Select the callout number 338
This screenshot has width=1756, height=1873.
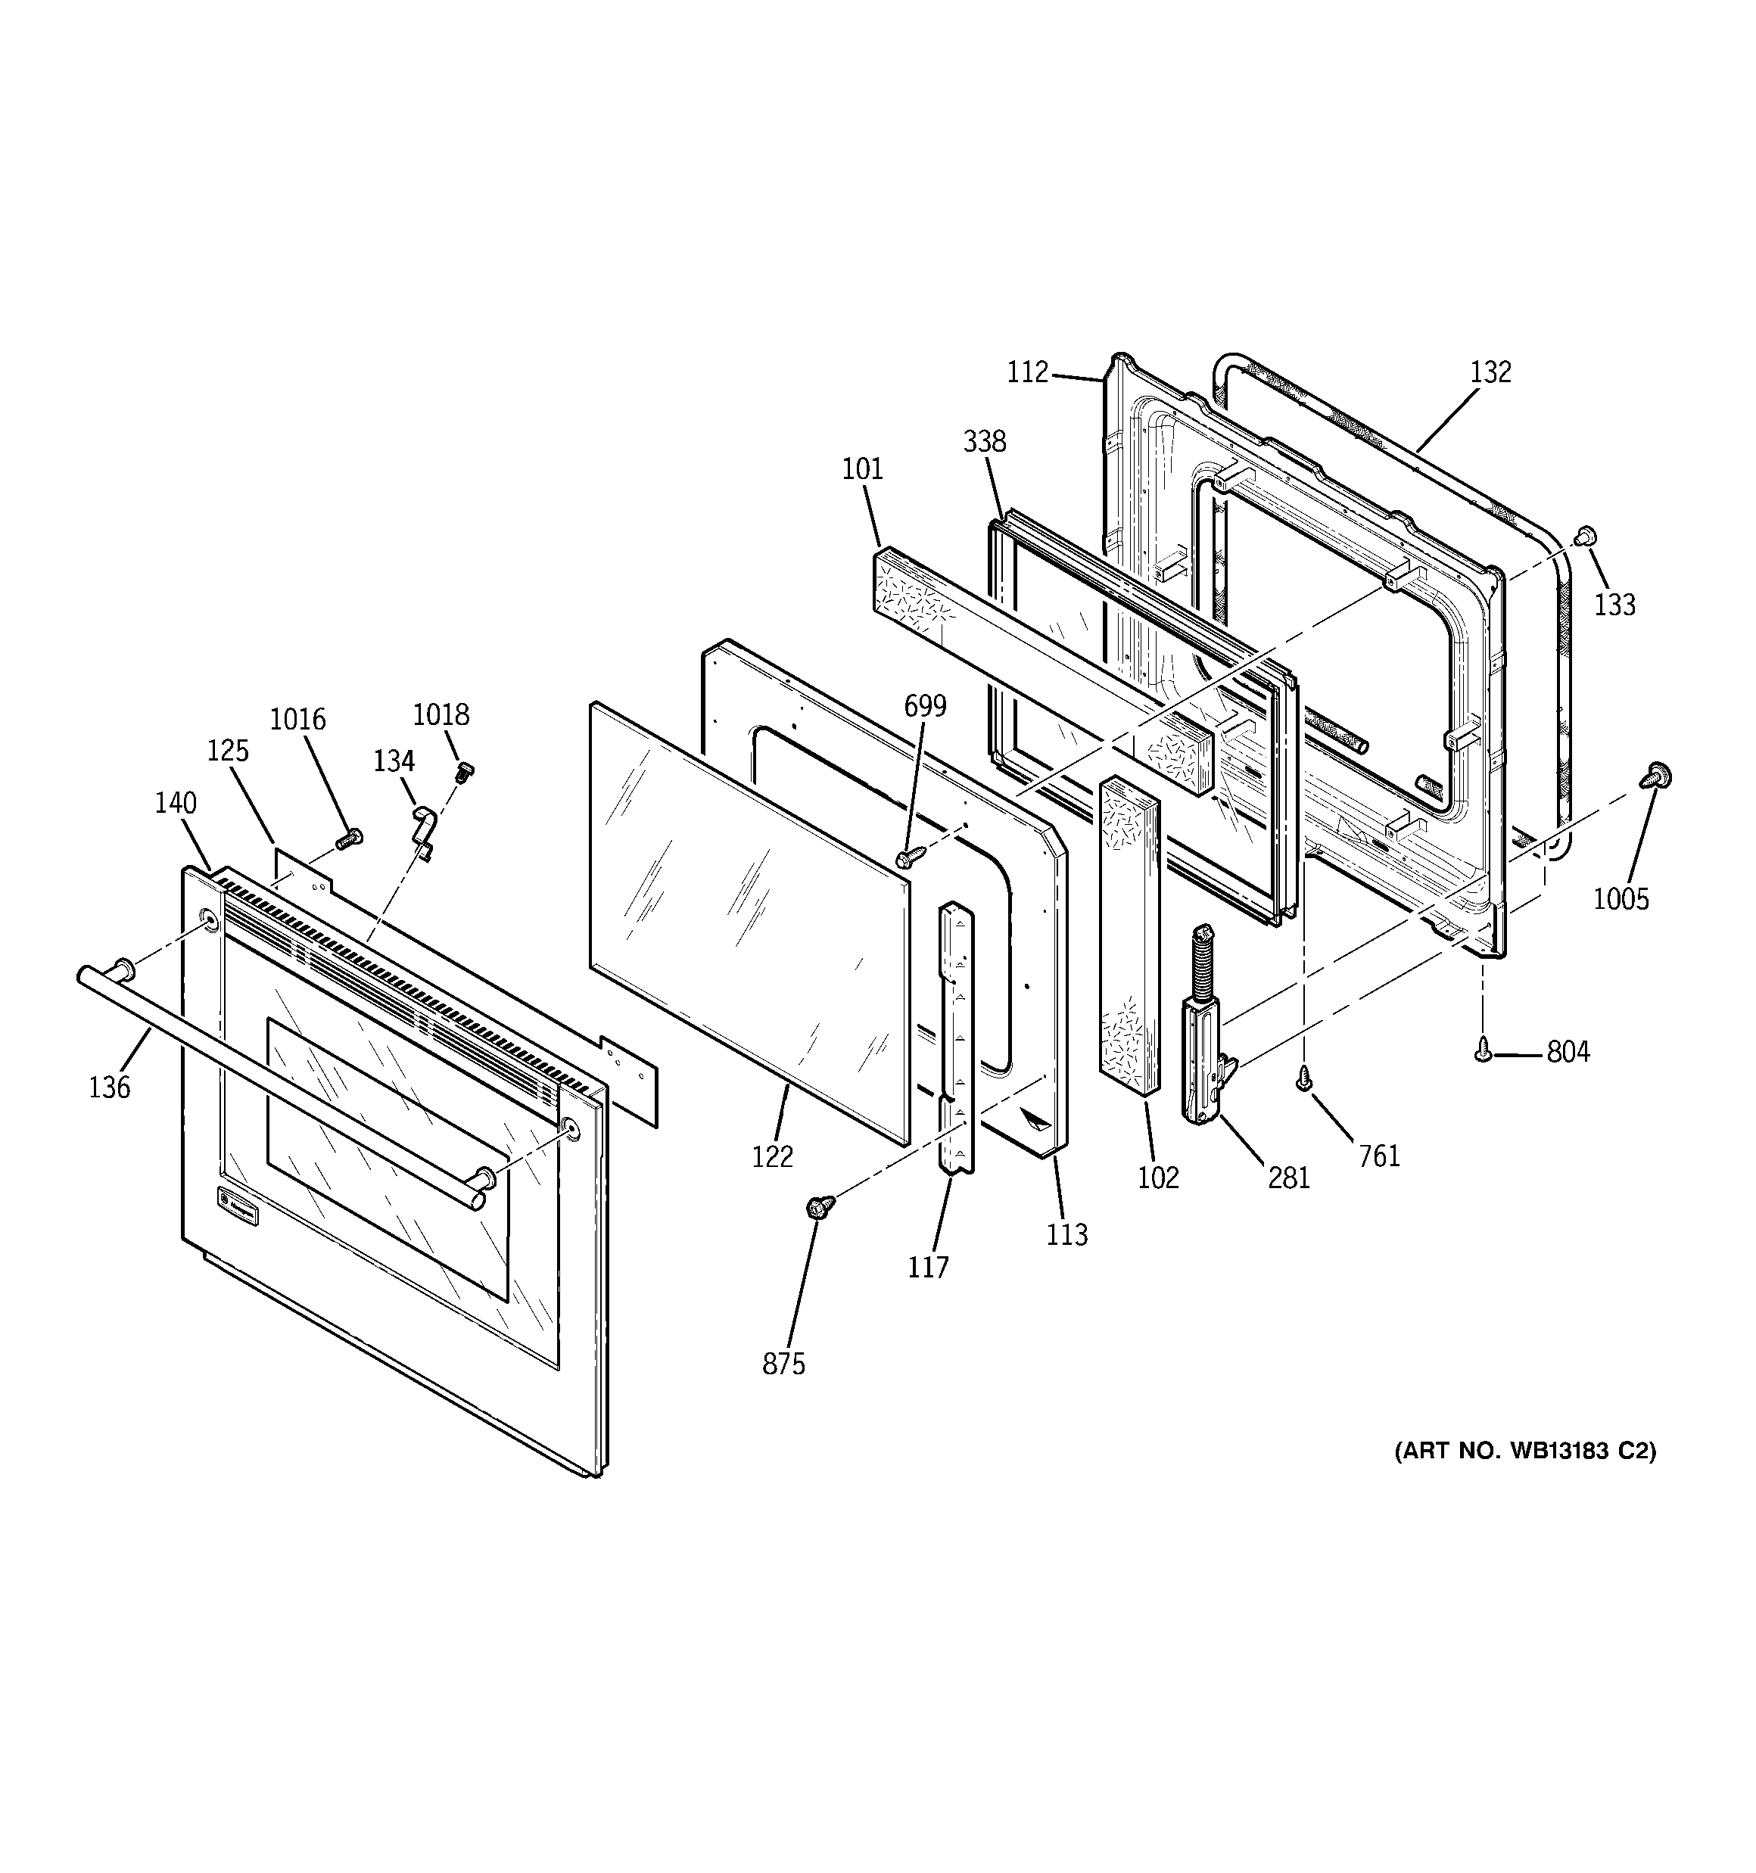coord(984,441)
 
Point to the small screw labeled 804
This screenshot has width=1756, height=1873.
coord(1483,1049)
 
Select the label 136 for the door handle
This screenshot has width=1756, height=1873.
coord(109,1087)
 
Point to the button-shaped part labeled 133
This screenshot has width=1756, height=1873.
coord(1586,536)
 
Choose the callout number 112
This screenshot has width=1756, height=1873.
coord(1027,373)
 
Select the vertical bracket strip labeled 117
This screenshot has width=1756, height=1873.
coord(956,1036)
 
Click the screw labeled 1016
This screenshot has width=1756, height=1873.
coord(350,835)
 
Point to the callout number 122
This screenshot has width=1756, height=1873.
coord(772,1156)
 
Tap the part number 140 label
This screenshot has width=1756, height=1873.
coord(176,804)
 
